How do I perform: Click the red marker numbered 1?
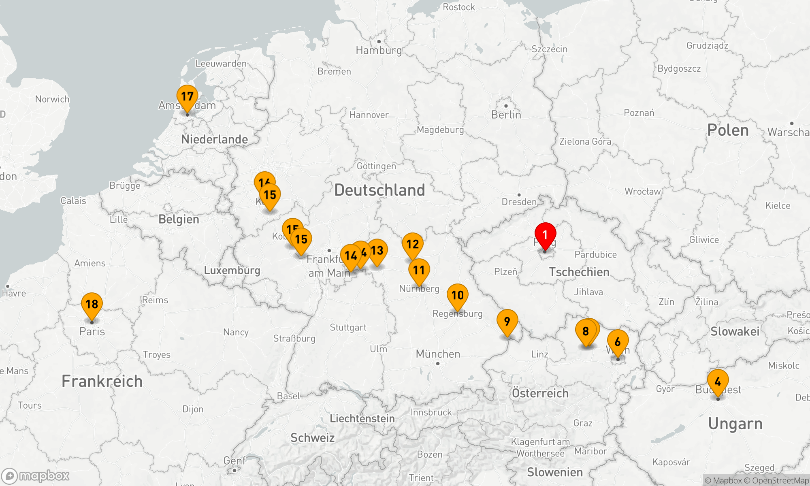545,235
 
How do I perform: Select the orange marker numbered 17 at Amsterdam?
187,97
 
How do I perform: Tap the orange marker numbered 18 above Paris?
92,304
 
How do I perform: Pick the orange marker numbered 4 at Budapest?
718,382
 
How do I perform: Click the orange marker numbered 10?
458,296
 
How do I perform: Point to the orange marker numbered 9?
507,322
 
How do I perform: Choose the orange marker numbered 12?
412,245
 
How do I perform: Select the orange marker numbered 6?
618,342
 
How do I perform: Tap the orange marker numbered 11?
419,271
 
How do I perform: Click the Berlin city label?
506,115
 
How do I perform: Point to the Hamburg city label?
379,50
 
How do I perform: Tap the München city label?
438,354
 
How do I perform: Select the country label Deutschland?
379,190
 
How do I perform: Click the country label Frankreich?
102,381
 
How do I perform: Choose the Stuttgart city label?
348,327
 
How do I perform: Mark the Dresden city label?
519,202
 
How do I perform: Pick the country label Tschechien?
579,272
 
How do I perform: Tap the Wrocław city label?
643,191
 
